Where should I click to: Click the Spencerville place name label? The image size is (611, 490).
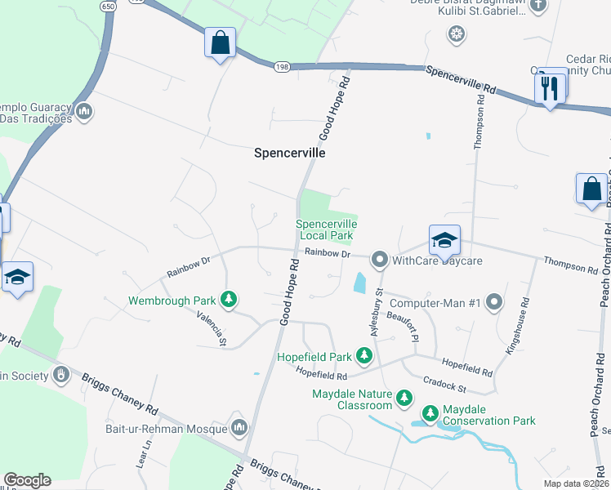pos(290,153)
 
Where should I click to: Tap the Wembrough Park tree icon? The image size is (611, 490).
pos(230,301)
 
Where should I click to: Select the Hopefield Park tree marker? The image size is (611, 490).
pos(363,356)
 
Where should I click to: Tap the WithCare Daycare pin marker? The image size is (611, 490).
pos(379,261)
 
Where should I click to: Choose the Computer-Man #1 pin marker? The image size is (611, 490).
pos(493,303)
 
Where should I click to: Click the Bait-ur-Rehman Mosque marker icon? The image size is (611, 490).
pos(239,428)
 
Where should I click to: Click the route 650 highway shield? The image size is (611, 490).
pos(109,6)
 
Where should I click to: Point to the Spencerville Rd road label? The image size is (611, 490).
pos(462,80)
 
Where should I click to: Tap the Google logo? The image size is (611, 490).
pos(27,480)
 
